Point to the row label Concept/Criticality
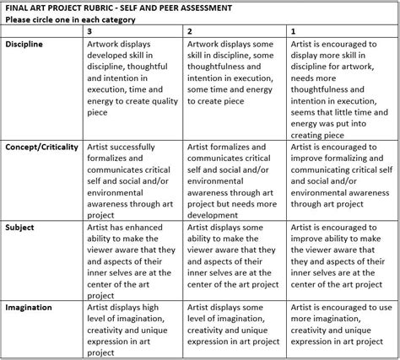tap(41, 146)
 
